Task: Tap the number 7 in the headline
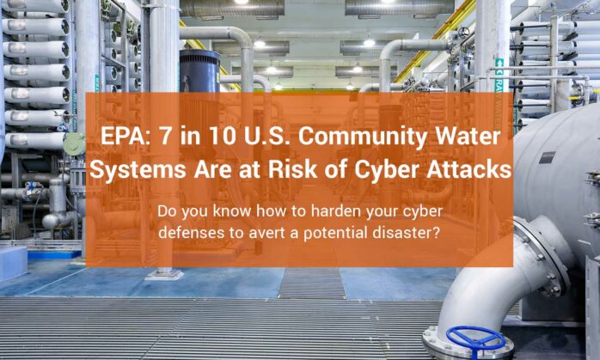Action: point(161,138)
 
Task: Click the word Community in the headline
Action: point(344,138)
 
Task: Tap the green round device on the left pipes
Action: point(75,143)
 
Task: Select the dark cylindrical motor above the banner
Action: point(199,71)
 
